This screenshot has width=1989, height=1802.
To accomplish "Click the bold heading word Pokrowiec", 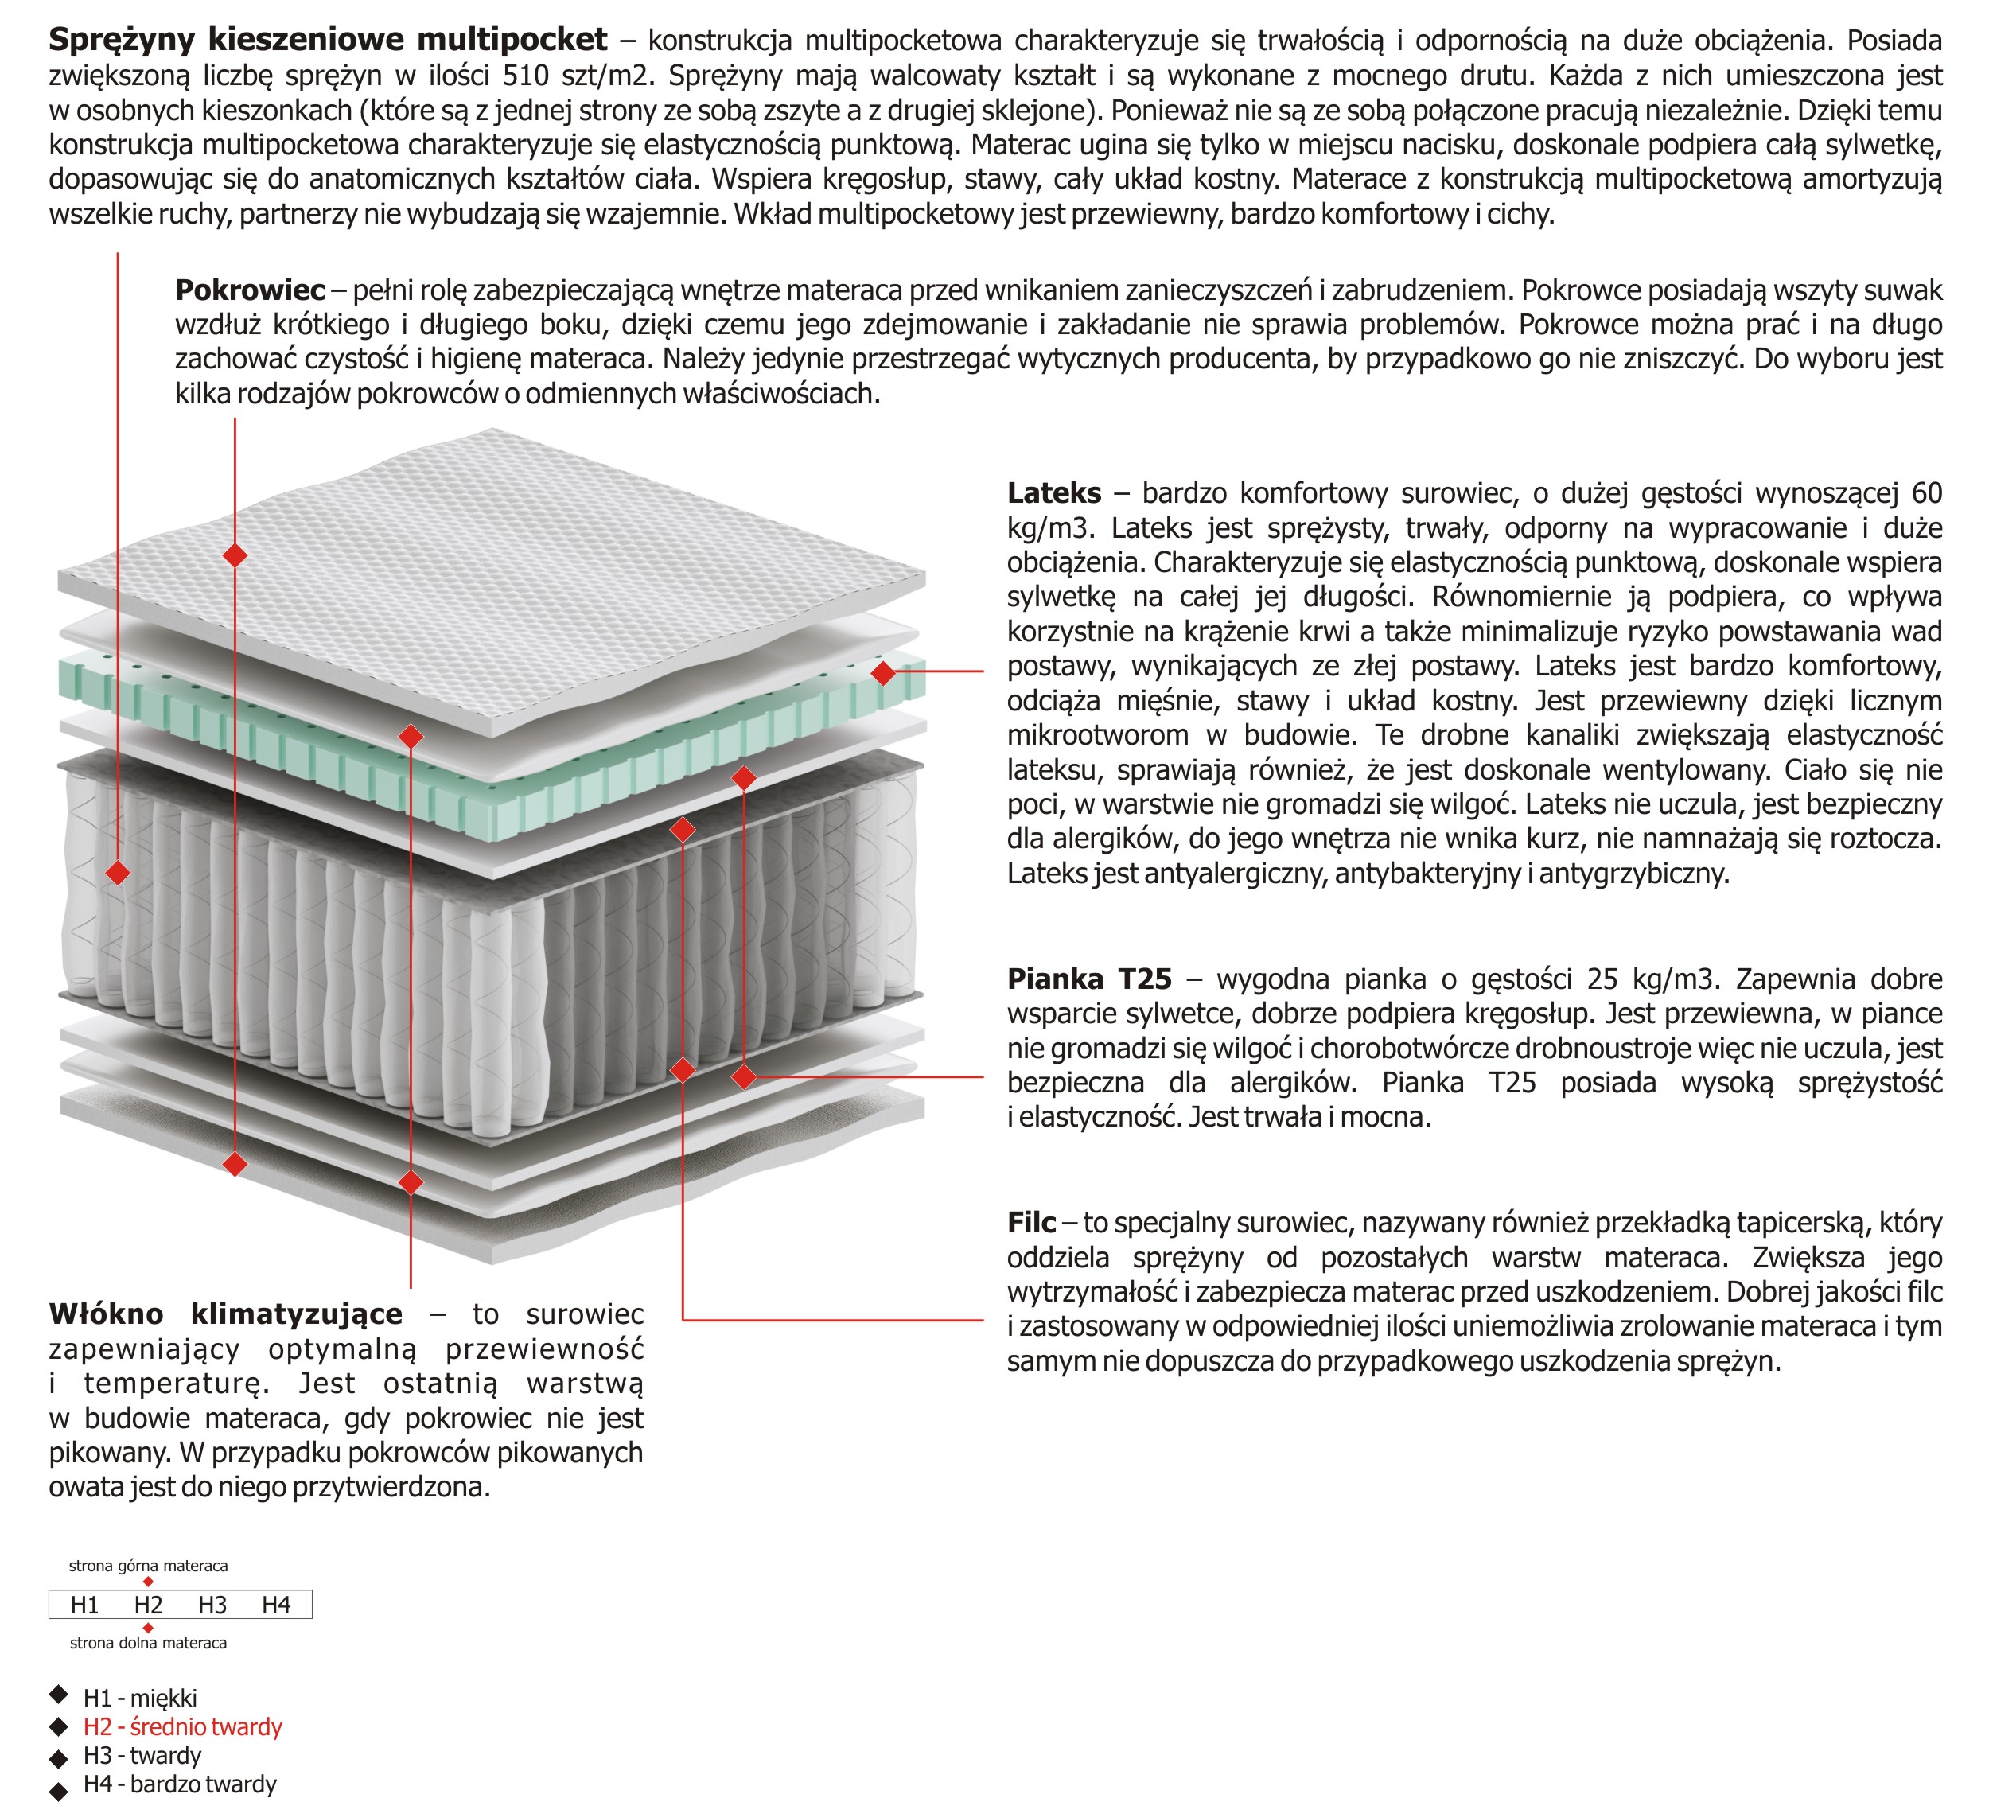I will click(x=250, y=290).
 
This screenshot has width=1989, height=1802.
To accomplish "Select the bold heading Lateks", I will click(x=1053, y=493).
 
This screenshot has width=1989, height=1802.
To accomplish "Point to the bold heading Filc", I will click(x=1031, y=1223).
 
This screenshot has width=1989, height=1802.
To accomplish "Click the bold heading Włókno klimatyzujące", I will click(x=226, y=1314).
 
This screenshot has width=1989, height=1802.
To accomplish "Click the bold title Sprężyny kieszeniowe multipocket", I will click(x=328, y=40).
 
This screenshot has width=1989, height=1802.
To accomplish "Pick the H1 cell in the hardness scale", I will click(x=85, y=1605).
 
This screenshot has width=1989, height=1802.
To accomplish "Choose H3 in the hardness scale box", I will click(x=212, y=1605).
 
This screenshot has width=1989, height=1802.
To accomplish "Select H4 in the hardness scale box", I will click(x=276, y=1605).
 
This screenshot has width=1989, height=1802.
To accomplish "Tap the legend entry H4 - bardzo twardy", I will click(x=180, y=1784).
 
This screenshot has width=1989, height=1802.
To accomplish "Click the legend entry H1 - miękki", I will click(x=140, y=1699).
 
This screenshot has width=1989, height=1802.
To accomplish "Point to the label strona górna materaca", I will click(x=148, y=1567).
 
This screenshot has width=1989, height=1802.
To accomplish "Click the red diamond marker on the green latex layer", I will click(x=883, y=673).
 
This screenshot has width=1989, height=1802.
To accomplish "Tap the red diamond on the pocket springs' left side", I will click(x=118, y=873).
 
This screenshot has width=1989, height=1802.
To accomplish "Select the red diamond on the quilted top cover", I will click(x=235, y=555).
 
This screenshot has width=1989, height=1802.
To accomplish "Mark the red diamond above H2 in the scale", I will click(x=148, y=1582).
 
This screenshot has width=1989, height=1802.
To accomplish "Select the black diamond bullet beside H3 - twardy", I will click(x=59, y=1757).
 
